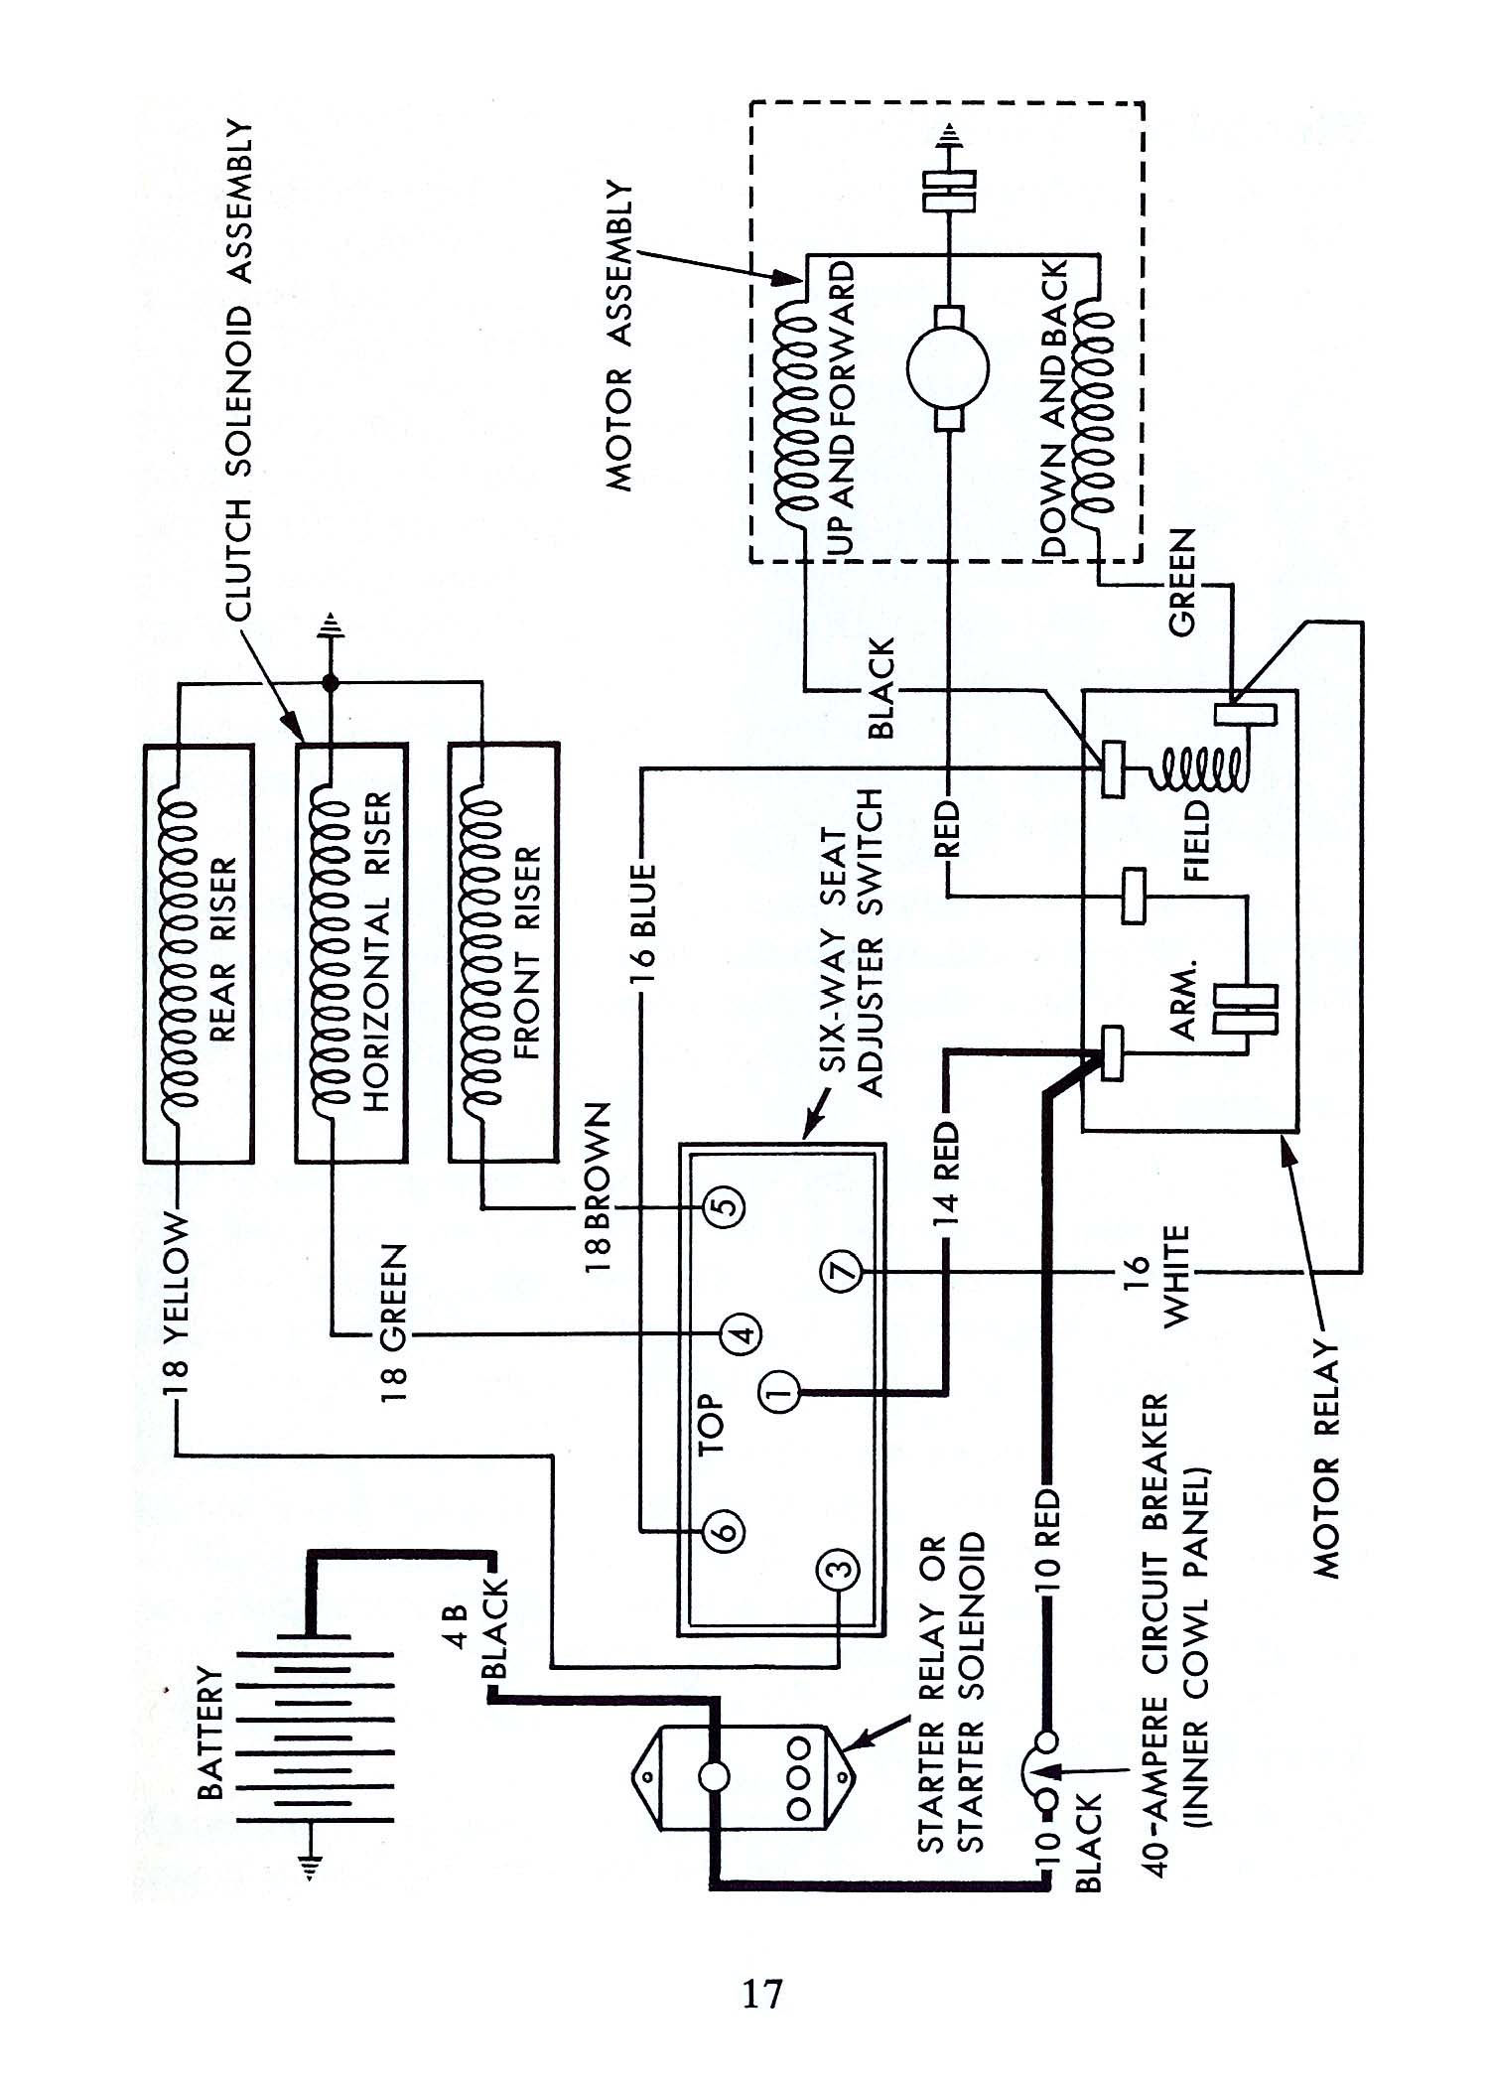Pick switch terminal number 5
[723, 1207]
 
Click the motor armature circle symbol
[947, 369]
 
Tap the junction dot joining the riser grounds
[330, 683]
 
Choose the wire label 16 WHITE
[1157, 1275]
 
